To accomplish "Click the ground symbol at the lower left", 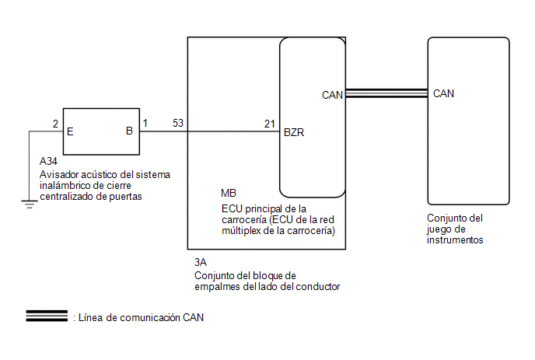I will pos(29,204).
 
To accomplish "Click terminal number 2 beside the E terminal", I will pos(54,124).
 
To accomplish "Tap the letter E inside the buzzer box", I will pos(71,131).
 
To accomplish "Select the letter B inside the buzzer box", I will pos(130,131).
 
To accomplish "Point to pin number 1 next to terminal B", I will pos(145,124).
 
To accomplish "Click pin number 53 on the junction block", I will pos(178,124).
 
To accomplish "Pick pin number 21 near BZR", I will pos(269,124).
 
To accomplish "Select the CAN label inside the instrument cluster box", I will pos(443,94).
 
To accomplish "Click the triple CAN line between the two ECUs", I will pos(386,94).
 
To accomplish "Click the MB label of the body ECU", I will pos(229,194).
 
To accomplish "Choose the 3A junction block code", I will pos(201,263).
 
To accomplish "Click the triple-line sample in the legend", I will pos(47,316).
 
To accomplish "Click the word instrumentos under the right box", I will pos(456,240).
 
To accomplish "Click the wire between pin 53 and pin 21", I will pos(233,131).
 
